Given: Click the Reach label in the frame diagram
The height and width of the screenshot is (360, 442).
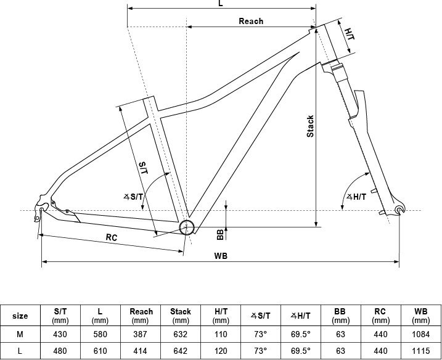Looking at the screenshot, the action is [251, 21].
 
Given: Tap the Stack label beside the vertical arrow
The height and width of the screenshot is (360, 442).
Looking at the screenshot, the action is [310, 126].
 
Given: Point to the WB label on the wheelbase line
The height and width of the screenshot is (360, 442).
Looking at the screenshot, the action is [221, 256].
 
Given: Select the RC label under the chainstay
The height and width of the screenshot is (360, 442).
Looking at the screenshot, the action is [112, 237].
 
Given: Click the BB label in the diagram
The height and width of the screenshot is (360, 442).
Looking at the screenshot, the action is [220, 234].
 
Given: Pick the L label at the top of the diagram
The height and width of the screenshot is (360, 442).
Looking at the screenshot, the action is [221, 3].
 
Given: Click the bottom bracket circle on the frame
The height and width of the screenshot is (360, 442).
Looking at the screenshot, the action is [187, 227].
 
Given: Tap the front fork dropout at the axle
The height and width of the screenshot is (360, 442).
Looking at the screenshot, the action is [399, 210].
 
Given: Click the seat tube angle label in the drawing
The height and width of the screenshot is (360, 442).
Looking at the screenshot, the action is [133, 197].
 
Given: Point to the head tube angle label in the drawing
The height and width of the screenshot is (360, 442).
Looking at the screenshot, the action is [356, 197].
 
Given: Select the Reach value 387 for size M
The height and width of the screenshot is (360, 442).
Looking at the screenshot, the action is [140, 334].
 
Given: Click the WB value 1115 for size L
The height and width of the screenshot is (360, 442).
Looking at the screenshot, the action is [420, 351].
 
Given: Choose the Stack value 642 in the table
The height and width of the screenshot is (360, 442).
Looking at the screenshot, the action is [181, 351].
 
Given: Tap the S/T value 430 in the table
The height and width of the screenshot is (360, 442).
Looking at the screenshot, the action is [60, 334].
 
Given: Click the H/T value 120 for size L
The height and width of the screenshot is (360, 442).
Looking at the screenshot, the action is [221, 351].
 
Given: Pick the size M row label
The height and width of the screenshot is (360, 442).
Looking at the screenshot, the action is [20, 334].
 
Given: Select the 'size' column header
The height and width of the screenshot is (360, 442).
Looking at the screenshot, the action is [20, 316].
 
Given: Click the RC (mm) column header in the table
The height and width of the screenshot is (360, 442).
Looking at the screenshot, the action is [380, 316].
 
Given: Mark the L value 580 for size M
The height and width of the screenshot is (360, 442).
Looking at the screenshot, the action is [100, 334].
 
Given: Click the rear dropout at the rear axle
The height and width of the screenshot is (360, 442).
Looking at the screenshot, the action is [41, 210].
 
